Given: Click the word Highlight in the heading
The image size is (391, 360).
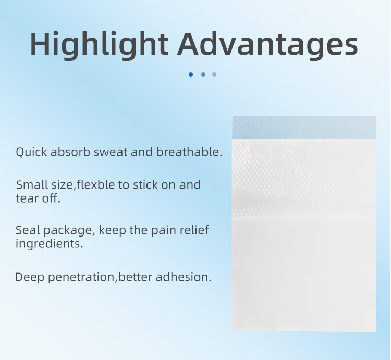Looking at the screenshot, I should pos(98,45).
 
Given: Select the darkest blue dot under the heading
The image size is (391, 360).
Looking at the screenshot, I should pos(191,75).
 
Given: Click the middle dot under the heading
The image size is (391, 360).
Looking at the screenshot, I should pos(203,75).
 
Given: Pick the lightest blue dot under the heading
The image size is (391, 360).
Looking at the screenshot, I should pos(214,75).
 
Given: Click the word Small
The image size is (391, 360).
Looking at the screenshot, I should pos(31,185).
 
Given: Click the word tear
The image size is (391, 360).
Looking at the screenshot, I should pos(27,198).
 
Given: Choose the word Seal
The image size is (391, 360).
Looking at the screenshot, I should pos(27,230).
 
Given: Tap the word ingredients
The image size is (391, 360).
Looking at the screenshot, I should pos(49,244).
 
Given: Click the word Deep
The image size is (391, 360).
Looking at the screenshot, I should pos(30,277).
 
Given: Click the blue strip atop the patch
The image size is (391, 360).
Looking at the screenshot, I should pos(304,128).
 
